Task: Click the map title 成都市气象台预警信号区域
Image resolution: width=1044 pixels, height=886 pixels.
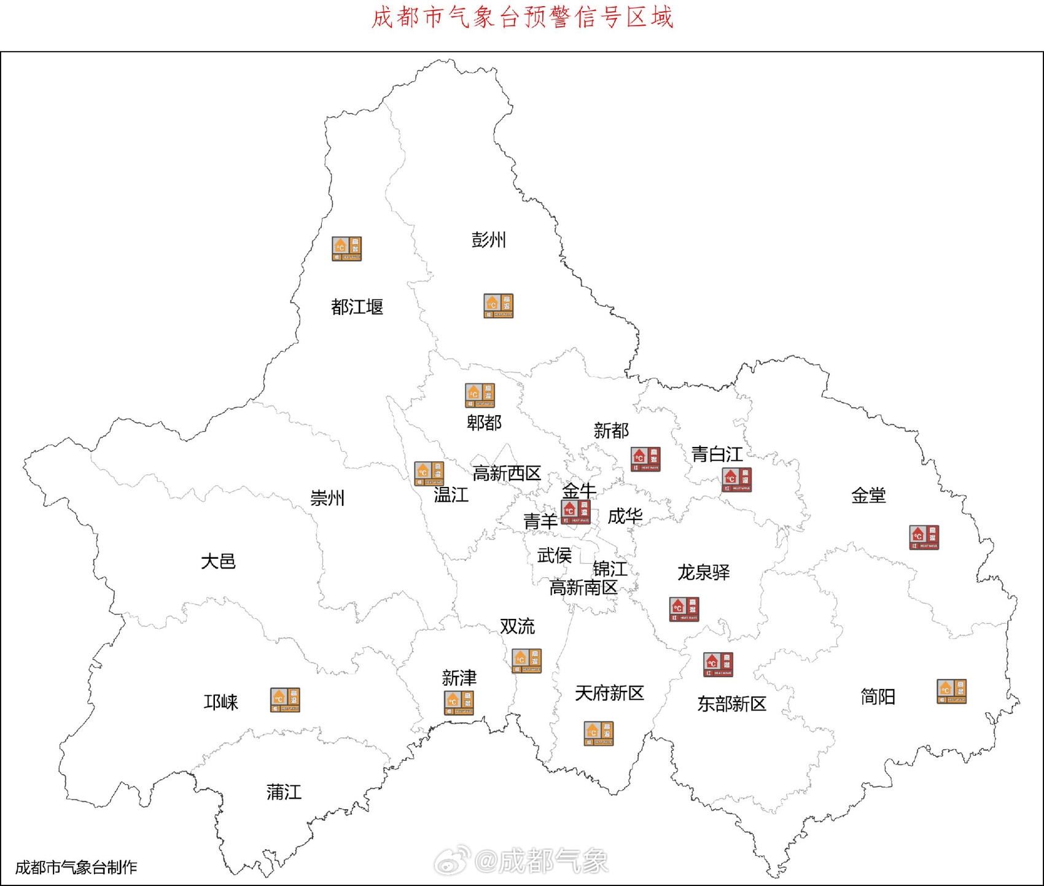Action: click(523, 18)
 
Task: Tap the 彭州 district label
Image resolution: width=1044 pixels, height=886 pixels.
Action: click(489, 240)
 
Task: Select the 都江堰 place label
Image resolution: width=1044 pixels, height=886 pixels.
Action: click(357, 307)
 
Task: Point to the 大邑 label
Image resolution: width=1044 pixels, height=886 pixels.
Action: click(218, 561)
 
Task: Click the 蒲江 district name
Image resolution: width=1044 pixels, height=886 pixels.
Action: click(284, 792)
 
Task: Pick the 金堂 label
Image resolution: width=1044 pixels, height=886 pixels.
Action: click(868, 495)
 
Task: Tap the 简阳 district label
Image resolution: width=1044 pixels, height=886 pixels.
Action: click(878, 697)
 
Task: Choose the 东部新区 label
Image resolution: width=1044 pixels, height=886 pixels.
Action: click(731, 704)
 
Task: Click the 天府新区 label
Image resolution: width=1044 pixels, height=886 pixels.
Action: click(609, 693)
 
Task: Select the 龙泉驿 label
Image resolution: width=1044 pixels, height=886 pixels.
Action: click(704, 572)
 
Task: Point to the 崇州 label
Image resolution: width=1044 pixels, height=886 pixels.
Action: click(327, 498)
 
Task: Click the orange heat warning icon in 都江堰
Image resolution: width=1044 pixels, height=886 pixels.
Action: click(347, 249)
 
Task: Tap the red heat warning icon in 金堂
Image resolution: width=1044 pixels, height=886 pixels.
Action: click(924, 537)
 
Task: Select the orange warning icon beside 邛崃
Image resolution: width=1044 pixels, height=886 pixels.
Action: click(285, 700)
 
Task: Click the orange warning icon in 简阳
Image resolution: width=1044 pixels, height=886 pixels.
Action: click(951, 691)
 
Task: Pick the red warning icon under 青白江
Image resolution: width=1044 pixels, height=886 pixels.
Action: click(737, 480)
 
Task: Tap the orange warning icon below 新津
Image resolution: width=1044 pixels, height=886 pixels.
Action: click(459, 703)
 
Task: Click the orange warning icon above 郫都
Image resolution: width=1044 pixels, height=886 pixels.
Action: click(480, 395)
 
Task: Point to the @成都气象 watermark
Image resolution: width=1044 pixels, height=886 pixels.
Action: click(522, 861)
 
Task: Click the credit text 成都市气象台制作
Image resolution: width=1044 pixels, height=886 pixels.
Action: click(76, 868)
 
